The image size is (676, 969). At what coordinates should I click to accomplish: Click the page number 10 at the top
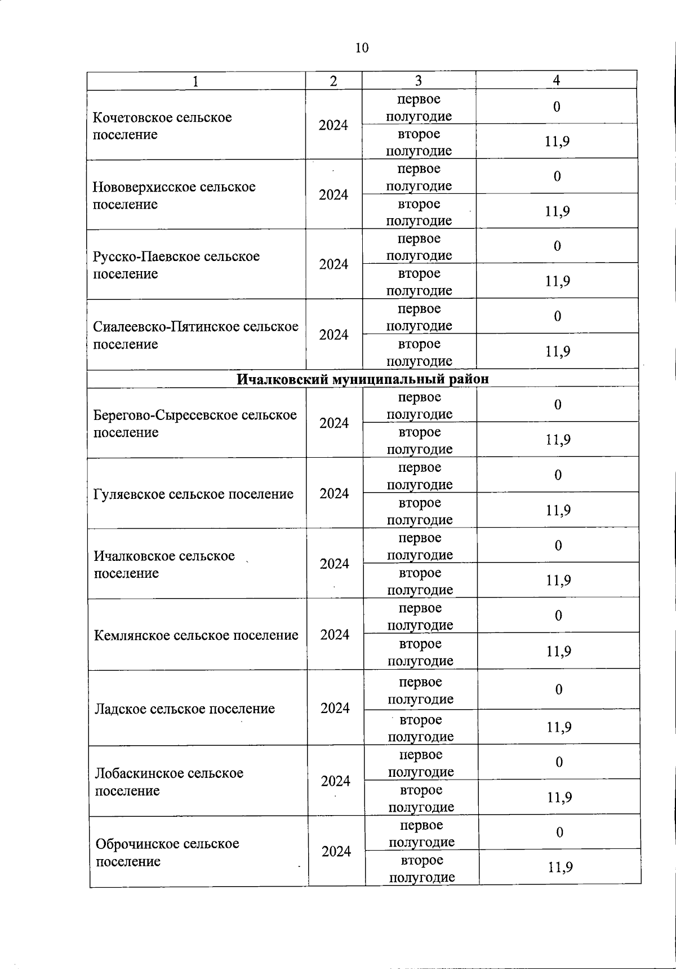[362, 48]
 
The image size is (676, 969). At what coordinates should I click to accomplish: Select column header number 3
[418, 81]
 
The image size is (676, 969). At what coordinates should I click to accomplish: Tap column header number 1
[195, 82]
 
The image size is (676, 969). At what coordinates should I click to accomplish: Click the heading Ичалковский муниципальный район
[362, 379]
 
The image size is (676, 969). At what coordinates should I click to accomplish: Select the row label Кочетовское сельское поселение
[162, 126]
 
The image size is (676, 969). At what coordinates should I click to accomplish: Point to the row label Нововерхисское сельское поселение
[174, 195]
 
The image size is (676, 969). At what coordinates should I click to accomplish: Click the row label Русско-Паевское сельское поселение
[176, 265]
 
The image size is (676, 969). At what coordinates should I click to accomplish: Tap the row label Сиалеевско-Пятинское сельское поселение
[195, 335]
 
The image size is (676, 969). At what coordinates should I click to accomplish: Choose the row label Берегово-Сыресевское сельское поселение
[194, 423]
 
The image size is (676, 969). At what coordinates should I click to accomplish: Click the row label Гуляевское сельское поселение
[193, 494]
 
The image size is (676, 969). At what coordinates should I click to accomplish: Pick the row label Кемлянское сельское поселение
[196, 635]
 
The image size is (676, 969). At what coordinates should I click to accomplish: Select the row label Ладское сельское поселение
[185, 709]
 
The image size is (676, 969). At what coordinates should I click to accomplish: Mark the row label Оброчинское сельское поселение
[167, 852]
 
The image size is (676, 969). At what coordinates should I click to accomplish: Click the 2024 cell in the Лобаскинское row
[336, 781]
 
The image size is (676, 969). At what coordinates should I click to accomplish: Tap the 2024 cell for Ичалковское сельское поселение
[335, 564]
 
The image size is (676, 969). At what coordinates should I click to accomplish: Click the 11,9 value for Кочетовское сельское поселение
[557, 141]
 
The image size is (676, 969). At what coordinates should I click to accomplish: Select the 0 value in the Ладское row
[559, 689]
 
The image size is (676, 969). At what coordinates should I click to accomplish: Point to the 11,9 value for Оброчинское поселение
[560, 867]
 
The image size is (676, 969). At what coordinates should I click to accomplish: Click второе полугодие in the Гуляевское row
[420, 511]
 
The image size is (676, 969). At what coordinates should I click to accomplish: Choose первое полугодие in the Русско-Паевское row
[419, 247]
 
